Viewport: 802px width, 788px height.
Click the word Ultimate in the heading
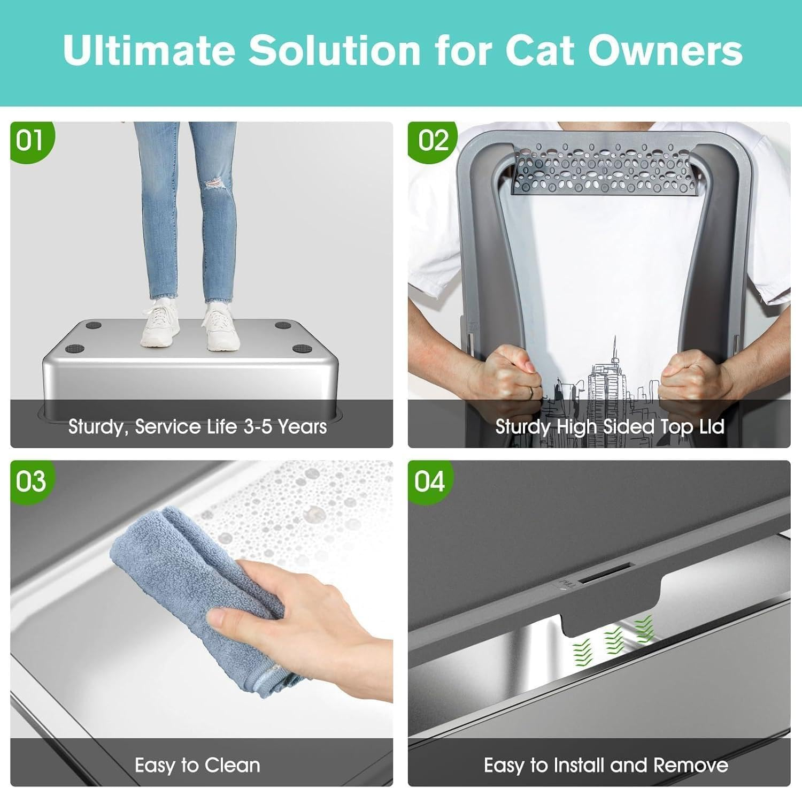[149, 50]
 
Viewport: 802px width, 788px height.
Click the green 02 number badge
[431, 141]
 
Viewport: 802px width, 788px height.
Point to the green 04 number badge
[429, 481]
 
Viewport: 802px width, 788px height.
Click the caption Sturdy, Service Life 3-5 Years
[197, 427]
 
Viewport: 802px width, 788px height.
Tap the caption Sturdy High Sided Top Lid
[610, 427]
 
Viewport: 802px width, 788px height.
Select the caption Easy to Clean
[197, 765]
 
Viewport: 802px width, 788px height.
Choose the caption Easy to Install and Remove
[606, 765]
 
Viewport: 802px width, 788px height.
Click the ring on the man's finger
[531, 393]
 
